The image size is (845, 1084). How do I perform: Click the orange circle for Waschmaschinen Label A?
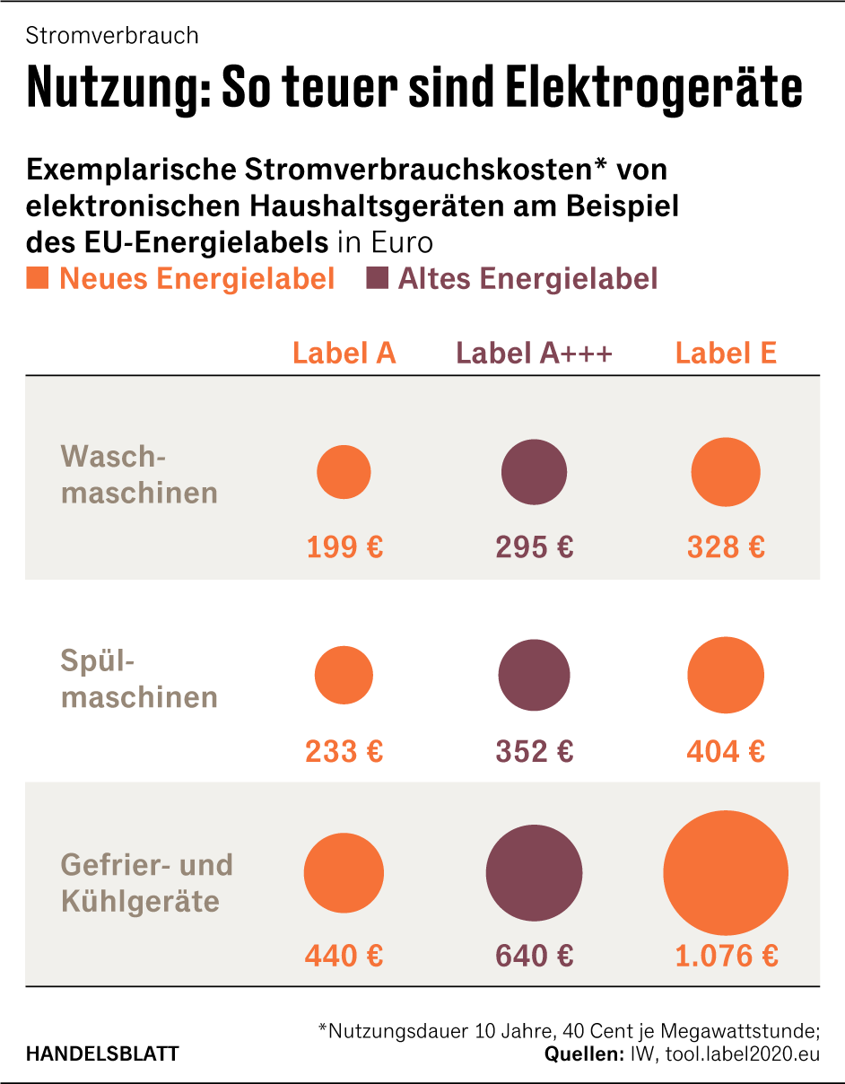pos(344,472)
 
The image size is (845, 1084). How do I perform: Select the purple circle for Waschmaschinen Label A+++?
pos(534,472)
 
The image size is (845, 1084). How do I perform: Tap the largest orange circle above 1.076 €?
pos(726,873)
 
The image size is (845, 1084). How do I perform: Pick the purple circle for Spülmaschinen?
pos(534,675)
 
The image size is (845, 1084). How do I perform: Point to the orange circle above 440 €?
pos(344,873)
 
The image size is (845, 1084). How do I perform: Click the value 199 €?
pos(344,546)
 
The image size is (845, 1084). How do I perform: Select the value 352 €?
pos(534,751)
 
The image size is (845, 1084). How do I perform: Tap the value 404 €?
pos(726,751)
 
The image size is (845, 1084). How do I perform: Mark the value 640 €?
pos(534,956)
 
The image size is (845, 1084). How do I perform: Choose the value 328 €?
pos(726,546)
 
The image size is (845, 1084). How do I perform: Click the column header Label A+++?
pos(534,354)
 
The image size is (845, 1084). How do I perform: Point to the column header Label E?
pos(726,354)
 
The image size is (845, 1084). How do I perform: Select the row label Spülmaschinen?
pos(139,679)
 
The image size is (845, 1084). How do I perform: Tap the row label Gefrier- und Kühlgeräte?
pos(146,883)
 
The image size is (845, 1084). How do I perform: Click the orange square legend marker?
pos(38,278)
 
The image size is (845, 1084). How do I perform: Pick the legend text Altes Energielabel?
pos(527,279)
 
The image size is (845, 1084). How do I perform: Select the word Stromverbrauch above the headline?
pos(112,36)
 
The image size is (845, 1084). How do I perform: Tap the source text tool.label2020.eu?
pos(742,1054)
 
